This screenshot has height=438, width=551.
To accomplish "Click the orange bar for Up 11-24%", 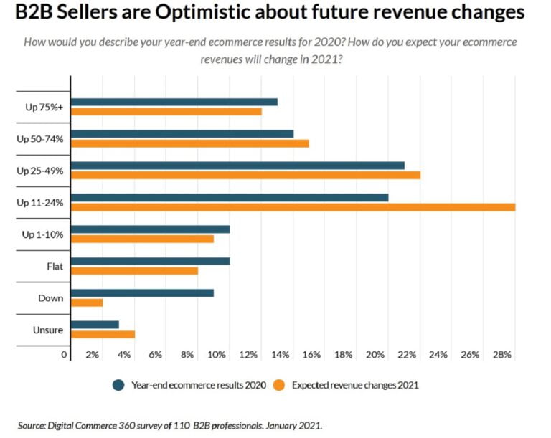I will (293, 207).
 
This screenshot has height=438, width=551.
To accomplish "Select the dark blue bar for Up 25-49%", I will (237, 166).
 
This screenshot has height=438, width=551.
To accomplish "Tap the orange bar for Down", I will (87, 303).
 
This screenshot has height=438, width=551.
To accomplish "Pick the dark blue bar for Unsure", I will (95, 325).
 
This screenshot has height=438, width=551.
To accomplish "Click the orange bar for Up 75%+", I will (166, 111).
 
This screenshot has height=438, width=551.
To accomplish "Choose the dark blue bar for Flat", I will (151, 261).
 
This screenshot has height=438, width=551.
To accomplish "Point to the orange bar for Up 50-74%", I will (190, 143).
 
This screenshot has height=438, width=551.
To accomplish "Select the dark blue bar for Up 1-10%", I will (151, 229).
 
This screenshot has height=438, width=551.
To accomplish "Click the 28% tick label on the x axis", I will (501, 355).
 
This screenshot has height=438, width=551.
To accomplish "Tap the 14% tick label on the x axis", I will (281, 355).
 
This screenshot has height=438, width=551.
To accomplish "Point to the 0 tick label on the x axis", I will (64, 355).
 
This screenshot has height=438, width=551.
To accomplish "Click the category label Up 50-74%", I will (40, 138).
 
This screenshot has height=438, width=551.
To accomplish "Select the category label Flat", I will (55, 266).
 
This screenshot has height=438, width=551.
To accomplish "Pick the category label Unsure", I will (48, 330).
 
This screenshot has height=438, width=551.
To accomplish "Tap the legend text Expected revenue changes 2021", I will (354, 385).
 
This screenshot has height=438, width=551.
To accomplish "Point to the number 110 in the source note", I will (182, 425).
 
